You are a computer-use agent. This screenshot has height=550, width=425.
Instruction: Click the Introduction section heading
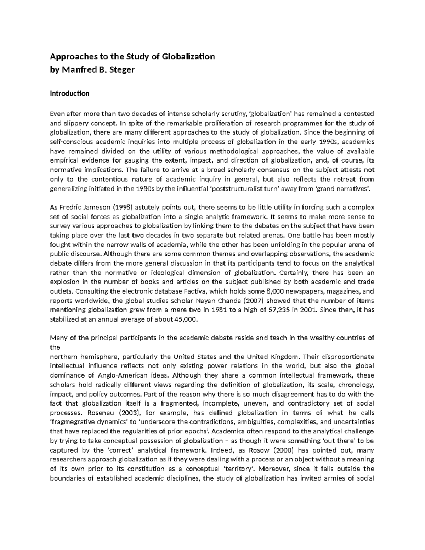point(69,94)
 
